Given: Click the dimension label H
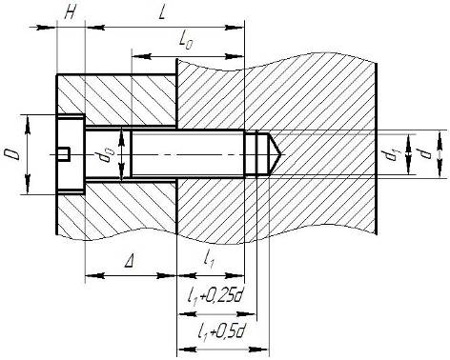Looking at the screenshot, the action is click(x=70, y=13).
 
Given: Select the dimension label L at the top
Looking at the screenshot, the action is click(x=162, y=13).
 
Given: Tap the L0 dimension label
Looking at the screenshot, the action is click(x=186, y=41).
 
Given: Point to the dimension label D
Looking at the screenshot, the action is click(x=12, y=154).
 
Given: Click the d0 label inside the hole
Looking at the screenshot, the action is click(x=108, y=155).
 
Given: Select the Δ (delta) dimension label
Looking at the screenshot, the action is click(x=129, y=262).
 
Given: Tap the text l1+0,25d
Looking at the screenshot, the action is click(x=215, y=296).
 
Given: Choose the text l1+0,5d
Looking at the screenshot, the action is click(x=221, y=332).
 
